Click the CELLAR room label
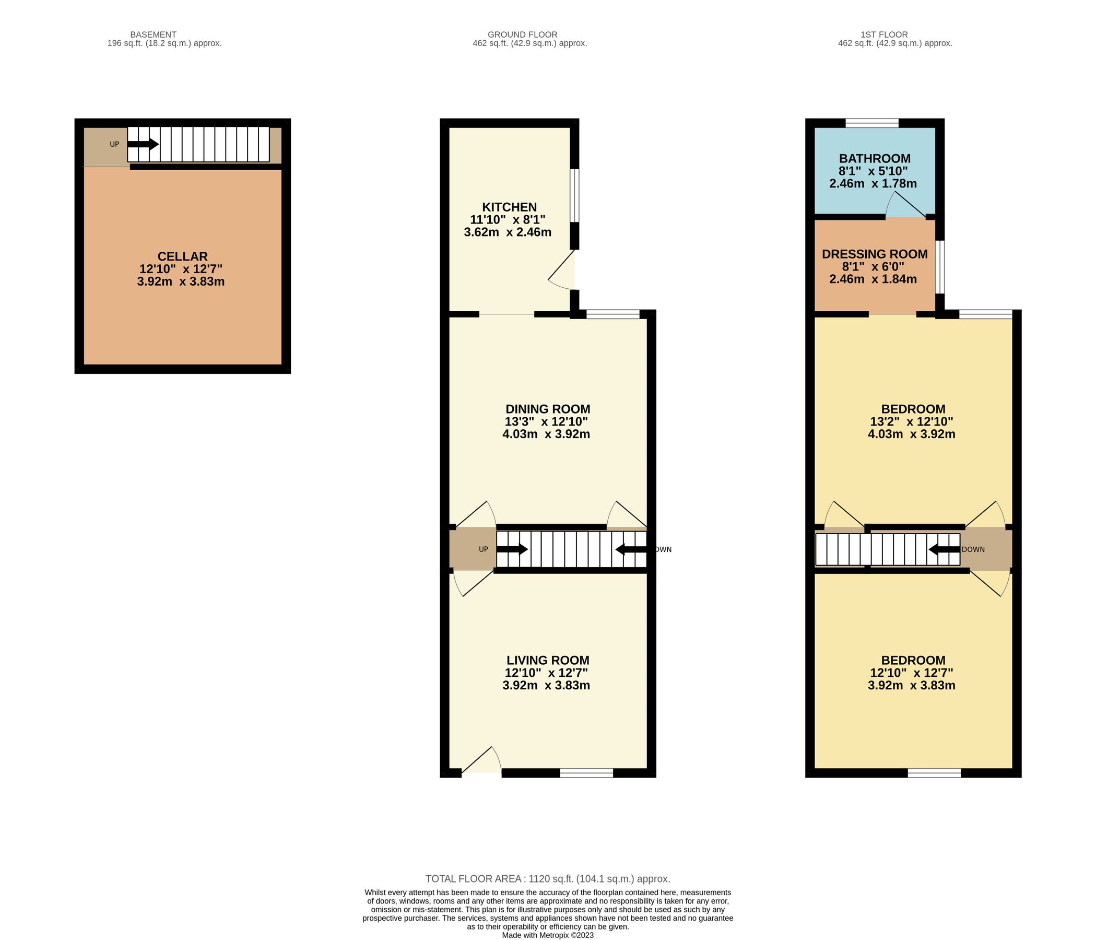182,256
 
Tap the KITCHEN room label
509,207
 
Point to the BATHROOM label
875,159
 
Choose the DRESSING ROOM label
875,254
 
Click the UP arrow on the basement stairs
143,144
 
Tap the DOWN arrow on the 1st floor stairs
944,549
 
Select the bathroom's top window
871,123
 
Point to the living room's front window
586,773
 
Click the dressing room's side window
939,267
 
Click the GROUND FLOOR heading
522,35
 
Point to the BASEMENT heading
154,35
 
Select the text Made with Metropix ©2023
547,935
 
